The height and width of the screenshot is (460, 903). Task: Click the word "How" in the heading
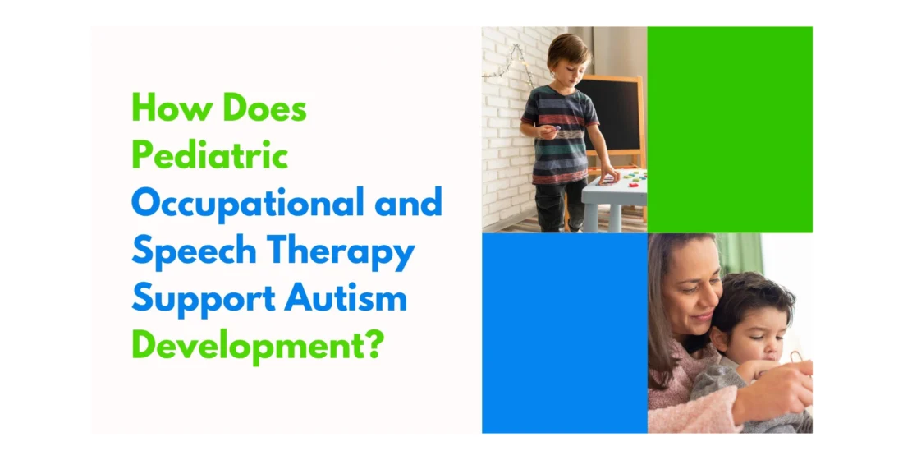pos(161,108)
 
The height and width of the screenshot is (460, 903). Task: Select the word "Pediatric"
pos(209,155)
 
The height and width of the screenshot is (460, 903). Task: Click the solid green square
pos(730,130)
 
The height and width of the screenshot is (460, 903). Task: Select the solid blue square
pos(564,333)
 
